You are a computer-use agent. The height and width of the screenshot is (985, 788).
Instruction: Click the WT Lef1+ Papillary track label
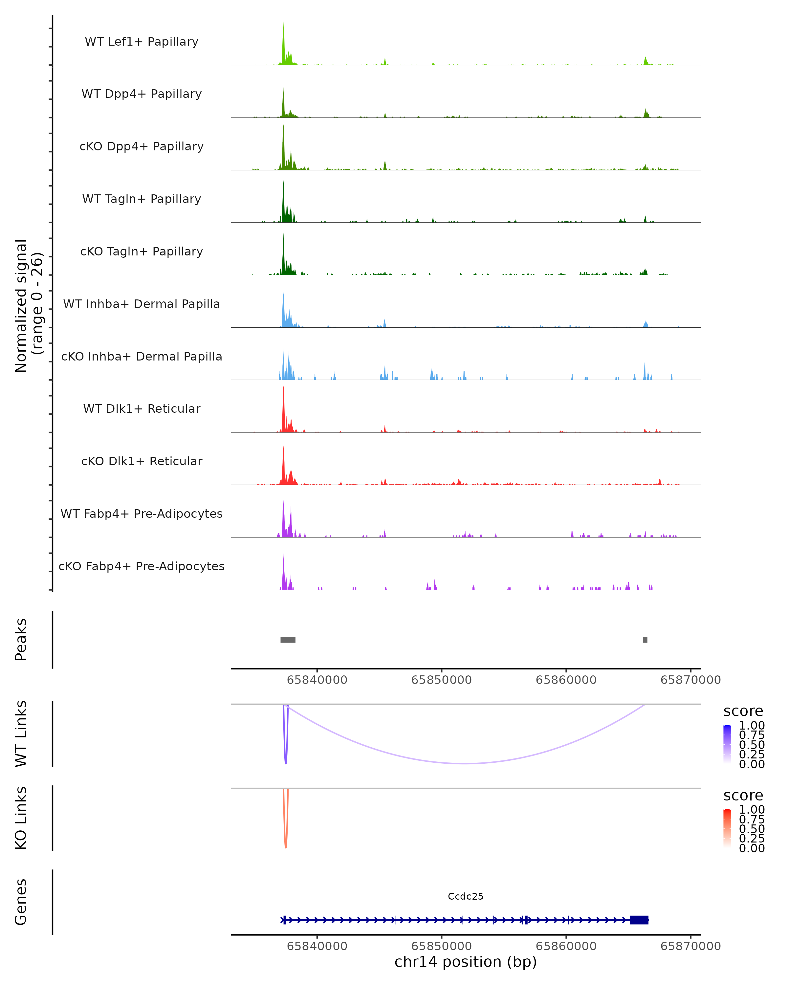click(x=142, y=42)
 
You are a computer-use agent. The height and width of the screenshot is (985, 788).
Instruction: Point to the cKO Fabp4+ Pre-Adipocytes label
click(x=142, y=566)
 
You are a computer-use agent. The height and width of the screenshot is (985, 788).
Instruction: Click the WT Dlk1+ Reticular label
click(x=142, y=408)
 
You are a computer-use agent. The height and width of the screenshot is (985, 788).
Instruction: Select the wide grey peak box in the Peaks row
click(x=288, y=640)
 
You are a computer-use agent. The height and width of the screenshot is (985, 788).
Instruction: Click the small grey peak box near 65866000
click(x=645, y=640)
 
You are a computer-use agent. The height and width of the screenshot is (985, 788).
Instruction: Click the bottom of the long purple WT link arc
click(x=465, y=763)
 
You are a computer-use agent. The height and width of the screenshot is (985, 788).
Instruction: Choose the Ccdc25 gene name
click(x=466, y=896)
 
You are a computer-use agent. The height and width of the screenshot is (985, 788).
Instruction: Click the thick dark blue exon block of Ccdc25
click(x=639, y=920)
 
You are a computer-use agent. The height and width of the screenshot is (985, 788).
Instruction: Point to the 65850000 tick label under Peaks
click(x=441, y=680)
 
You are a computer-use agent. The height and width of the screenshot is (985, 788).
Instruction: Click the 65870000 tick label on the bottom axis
click(x=690, y=946)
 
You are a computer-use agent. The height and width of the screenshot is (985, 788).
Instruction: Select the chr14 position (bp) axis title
click(x=466, y=962)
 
